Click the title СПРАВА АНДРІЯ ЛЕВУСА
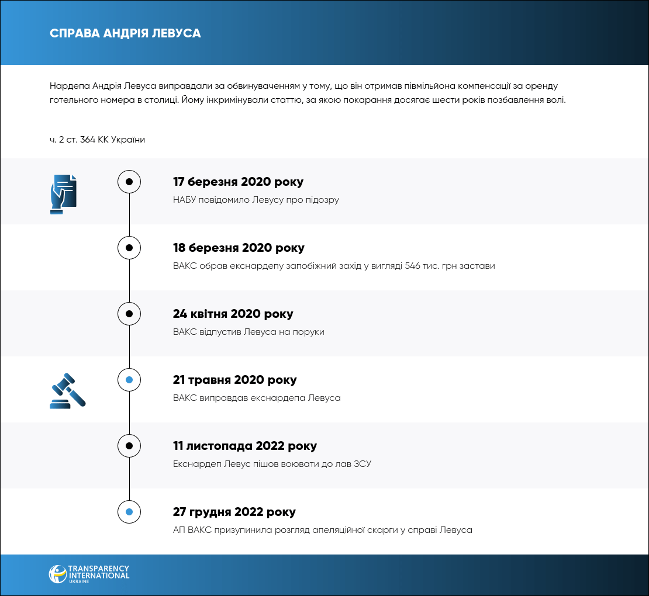[125, 33]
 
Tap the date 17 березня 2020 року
[238, 182]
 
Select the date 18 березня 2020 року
[239, 248]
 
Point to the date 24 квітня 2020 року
[233, 314]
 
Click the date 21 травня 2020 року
[234, 380]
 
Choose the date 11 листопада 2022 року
[244, 446]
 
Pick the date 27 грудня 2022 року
[234, 512]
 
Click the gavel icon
[67, 390]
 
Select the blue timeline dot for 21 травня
[129, 380]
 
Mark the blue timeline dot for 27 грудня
[129, 512]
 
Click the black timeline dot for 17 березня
[129, 182]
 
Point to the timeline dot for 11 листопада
[129, 446]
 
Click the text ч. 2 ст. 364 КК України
[97, 140]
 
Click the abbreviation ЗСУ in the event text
[363, 464]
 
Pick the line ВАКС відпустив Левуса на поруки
[248, 332]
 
